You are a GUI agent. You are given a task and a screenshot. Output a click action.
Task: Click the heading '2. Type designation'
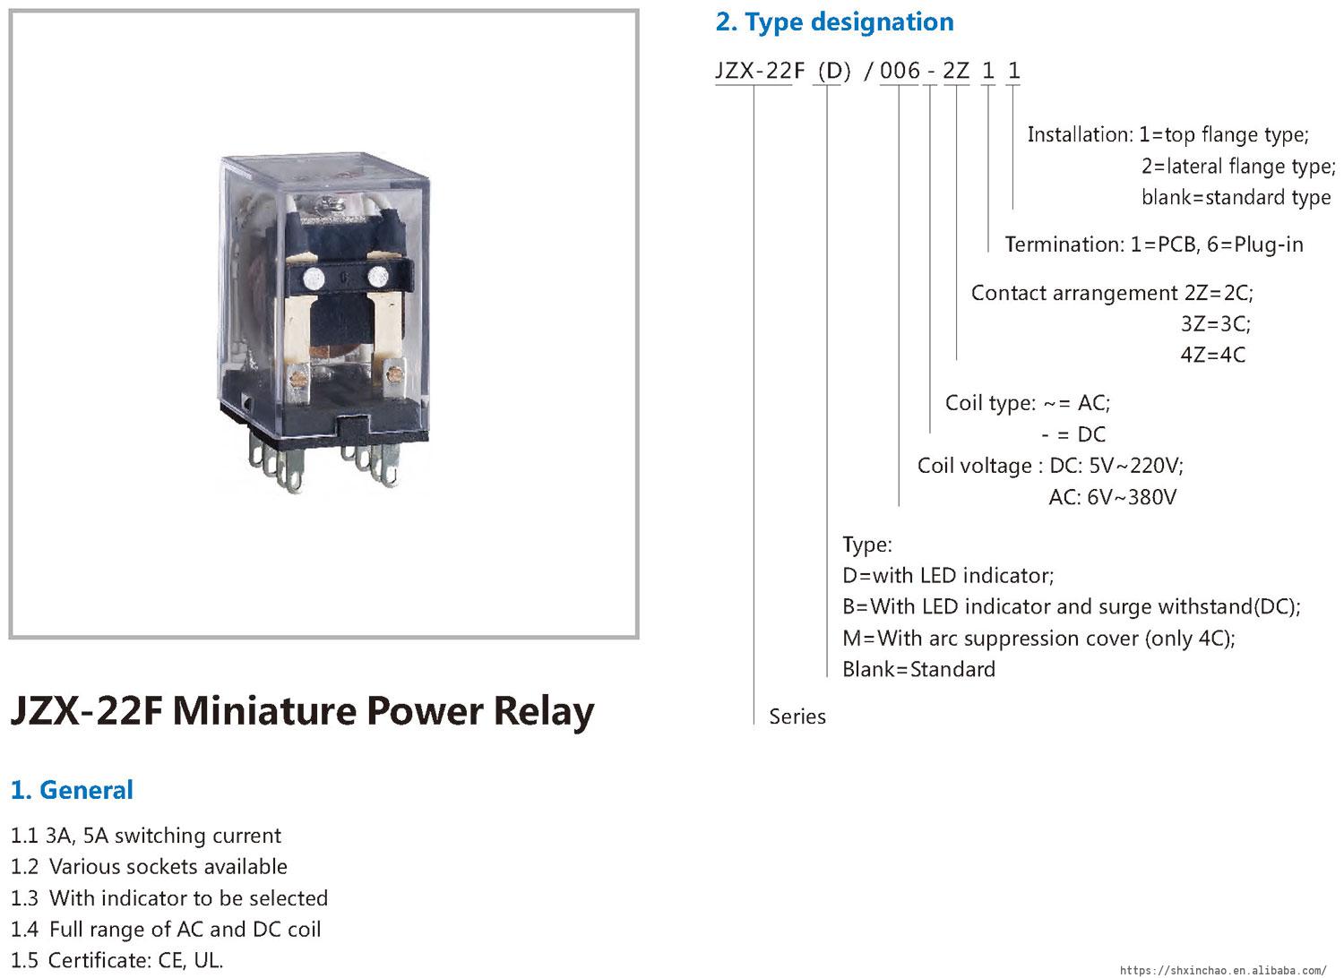coord(834,22)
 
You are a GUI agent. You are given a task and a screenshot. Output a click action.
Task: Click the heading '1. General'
coord(72,790)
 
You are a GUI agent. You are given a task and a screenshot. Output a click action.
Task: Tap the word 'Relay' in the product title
coord(544,711)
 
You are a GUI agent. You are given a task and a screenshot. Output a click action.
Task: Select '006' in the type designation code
coord(900,71)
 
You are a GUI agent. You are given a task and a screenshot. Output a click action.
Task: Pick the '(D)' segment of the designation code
coord(834,72)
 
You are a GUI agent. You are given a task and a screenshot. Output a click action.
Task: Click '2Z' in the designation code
coord(956,71)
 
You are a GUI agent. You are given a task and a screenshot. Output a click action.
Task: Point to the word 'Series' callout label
coord(797,716)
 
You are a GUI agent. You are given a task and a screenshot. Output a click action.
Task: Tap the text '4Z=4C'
coord(1212,355)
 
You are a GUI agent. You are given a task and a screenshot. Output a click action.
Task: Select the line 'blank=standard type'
coord(1236,197)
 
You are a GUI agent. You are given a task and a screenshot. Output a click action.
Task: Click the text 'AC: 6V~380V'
coord(1113,497)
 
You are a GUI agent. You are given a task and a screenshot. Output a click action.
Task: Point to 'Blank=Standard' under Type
coord(918,669)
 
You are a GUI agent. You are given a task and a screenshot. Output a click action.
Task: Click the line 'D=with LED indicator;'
coord(948,576)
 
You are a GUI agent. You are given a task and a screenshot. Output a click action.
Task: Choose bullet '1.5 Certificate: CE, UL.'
coord(117,961)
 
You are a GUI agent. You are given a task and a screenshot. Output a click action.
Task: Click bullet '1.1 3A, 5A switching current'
coord(146,836)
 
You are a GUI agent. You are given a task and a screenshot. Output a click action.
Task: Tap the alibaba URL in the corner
coord(1223,970)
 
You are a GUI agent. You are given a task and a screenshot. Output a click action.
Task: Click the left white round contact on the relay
coord(314,279)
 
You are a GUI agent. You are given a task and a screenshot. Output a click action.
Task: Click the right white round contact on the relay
coord(377,277)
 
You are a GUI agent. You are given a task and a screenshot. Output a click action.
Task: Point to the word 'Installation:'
coord(1081,135)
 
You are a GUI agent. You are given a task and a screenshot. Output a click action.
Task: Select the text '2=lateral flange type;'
coord(1238,166)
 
